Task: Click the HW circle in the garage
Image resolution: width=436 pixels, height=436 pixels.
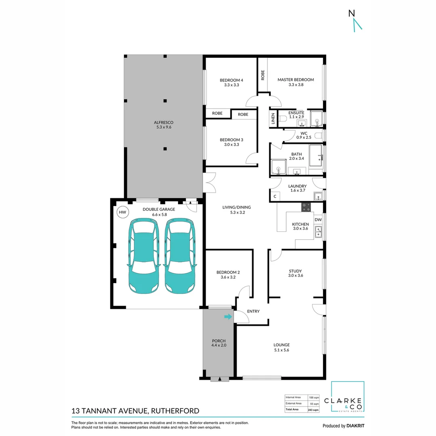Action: point(122,212)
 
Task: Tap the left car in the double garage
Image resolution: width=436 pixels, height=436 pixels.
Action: point(144,256)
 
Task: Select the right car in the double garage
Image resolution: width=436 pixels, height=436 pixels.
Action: point(180,256)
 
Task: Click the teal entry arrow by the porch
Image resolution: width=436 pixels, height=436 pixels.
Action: point(228,317)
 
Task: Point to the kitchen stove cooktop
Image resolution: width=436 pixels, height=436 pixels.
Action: point(306,207)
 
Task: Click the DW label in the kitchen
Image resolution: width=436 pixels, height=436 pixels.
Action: point(318,220)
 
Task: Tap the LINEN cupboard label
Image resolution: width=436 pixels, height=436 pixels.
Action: point(273,119)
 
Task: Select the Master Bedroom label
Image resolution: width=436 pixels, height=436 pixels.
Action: point(296,80)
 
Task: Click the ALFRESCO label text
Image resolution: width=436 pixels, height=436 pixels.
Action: point(163,122)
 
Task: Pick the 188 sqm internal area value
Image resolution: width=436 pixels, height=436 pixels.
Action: point(314,398)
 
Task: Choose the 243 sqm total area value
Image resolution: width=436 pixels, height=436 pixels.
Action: point(313,410)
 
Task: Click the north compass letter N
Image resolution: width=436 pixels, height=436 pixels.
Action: point(352,13)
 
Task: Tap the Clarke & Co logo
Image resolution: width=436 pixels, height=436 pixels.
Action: point(348,397)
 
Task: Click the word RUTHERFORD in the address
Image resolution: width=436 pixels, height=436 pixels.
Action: point(175,411)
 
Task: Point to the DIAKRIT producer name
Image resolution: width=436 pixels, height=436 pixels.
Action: point(355,426)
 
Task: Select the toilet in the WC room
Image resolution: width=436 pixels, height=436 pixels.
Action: point(319,136)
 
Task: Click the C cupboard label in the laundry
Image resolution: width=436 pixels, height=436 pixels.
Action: point(275,196)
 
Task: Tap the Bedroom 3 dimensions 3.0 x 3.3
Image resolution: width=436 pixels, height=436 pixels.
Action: point(232,145)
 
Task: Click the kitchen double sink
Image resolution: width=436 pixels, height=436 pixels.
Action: point(319,232)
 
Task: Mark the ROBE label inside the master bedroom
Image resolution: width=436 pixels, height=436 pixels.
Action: point(263,75)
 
